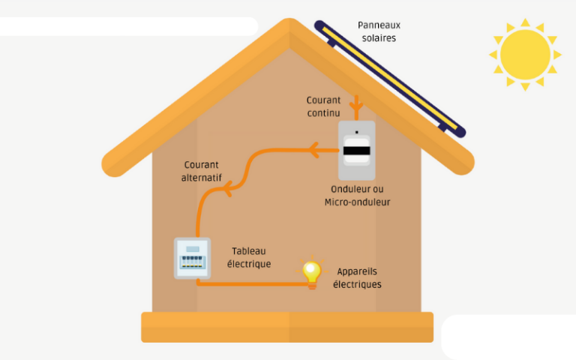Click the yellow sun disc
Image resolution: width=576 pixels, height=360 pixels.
pos(524,54)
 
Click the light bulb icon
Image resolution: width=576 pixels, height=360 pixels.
pos(311,271)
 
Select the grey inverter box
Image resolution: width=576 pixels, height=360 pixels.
pos(356,150)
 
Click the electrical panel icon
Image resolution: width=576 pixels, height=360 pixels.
pos(193,259)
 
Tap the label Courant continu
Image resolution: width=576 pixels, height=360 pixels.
pos(323,106)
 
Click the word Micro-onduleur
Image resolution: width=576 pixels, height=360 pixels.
pos(357,202)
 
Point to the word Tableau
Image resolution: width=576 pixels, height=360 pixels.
pos(249,251)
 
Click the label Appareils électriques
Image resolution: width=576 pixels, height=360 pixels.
pos(357,277)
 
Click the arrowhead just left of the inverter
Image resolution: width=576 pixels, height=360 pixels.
pos(315,151)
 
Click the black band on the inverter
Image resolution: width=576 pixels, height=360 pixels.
pos(356,151)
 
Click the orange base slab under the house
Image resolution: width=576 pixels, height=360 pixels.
pos(287,327)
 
